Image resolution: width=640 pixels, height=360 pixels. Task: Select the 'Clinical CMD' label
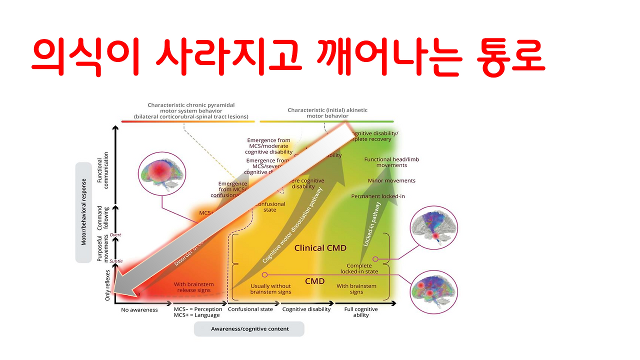(320, 248)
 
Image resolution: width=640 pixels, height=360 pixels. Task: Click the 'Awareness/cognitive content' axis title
(249, 328)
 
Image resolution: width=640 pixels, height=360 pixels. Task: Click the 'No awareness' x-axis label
(139, 309)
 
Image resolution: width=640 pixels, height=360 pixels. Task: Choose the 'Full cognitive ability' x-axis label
(361, 312)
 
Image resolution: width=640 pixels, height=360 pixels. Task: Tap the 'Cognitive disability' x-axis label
(306, 309)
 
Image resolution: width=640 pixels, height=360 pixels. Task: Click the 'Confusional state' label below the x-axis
(250, 309)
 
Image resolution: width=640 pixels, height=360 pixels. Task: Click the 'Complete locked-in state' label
(359, 268)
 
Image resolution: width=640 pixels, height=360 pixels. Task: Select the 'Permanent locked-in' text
(378, 196)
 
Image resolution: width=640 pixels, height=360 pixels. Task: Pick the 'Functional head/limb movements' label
(391, 162)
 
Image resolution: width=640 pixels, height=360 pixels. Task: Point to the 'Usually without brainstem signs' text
(270, 288)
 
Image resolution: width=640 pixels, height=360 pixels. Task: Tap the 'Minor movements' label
(391, 180)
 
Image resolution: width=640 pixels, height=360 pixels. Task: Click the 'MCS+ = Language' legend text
(196, 315)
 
